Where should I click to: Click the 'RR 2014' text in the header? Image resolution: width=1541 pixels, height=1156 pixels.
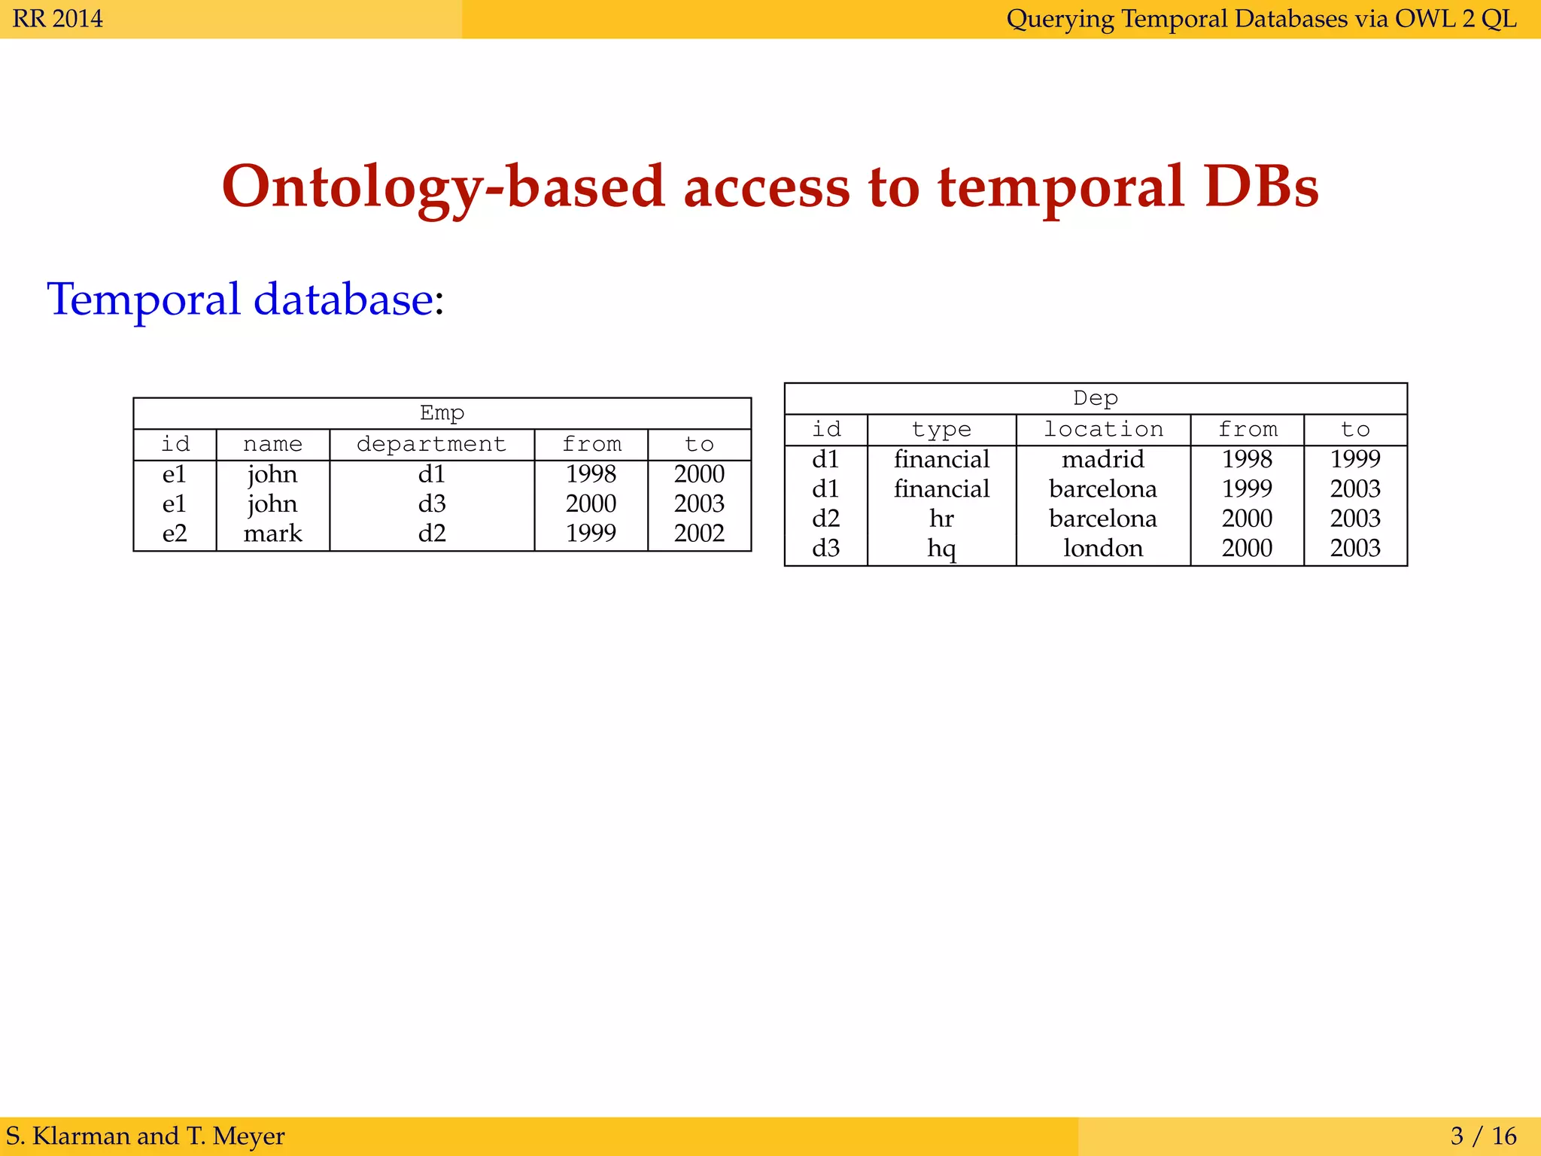(58, 18)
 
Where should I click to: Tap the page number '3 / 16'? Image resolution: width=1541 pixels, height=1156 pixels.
(1483, 1135)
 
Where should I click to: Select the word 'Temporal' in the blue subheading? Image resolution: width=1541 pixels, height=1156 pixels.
(144, 299)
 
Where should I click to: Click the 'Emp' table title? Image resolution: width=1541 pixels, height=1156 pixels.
(442, 412)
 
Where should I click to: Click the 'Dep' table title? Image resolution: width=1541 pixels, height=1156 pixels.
(1095, 397)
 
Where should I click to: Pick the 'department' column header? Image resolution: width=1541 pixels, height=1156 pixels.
(431, 444)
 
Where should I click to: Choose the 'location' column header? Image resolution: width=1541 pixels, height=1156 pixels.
(1102, 429)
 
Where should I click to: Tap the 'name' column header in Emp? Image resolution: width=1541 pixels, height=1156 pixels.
(272, 444)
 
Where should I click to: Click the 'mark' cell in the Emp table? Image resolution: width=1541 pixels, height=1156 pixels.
(272, 533)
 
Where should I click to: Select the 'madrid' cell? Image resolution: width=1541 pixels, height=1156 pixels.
(1102, 458)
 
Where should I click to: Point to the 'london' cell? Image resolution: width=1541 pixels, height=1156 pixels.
(1102, 548)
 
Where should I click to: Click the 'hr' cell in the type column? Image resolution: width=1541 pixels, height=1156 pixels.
(941, 518)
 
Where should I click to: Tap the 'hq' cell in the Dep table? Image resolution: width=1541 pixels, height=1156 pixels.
(941, 548)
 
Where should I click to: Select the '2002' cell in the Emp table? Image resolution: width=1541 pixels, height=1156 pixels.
(699, 533)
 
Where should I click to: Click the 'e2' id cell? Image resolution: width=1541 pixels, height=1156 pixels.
(175, 533)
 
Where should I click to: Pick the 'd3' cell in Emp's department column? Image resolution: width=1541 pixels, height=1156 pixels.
(432, 503)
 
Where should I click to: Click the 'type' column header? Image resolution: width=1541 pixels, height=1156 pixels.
(941, 429)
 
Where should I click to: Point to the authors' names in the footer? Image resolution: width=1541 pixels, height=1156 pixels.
(145, 1135)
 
